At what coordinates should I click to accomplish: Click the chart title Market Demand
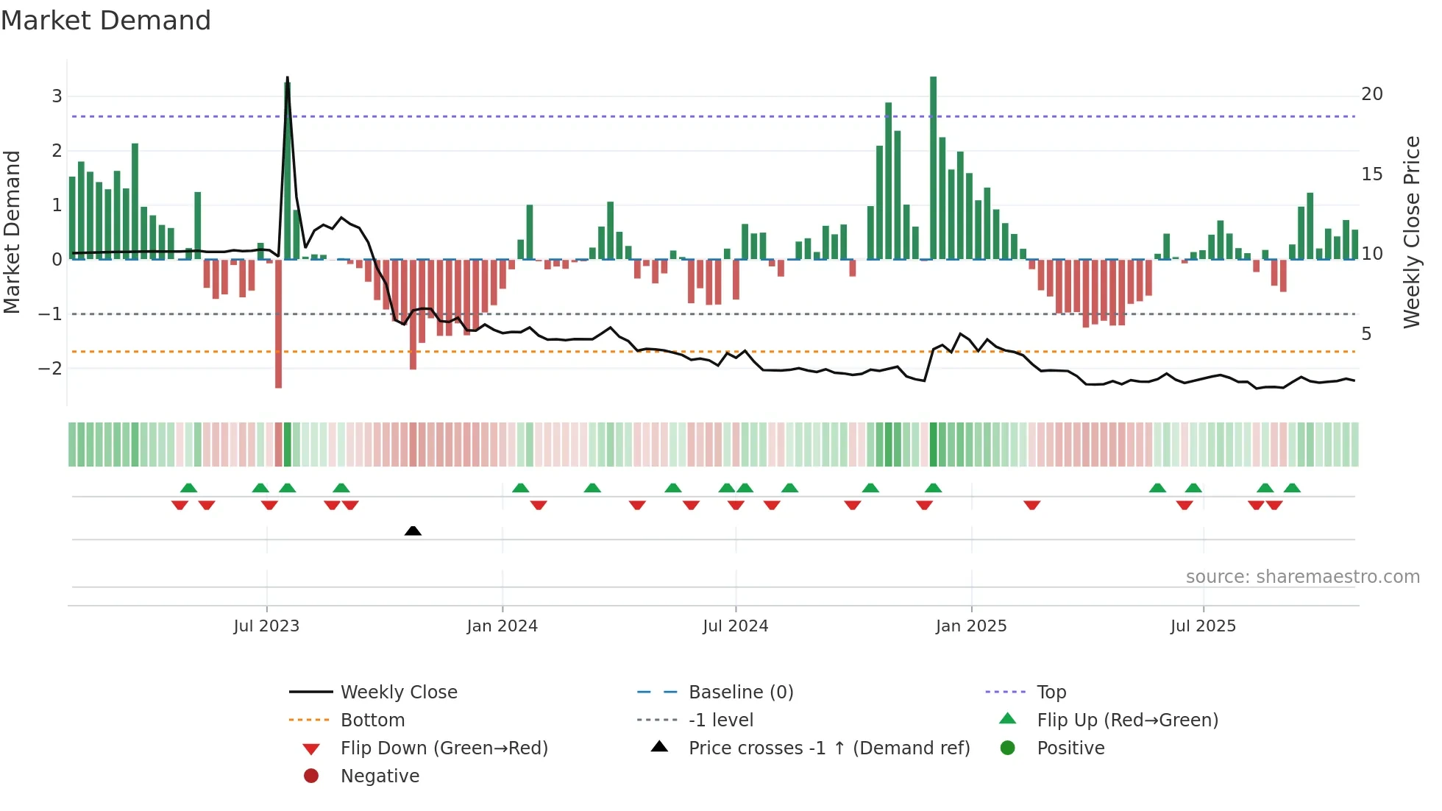point(106,21)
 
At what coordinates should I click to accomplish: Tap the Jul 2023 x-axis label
point(266,626)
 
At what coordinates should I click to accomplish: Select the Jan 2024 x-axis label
point(502,626)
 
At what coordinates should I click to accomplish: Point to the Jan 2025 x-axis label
point(970,626)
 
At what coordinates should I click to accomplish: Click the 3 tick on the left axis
point(57,96)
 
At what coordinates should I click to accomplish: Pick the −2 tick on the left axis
point(51,368)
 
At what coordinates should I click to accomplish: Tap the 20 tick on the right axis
point(1371,94)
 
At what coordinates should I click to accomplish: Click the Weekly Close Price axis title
point(1411,232)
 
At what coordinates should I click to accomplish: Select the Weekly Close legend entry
point(398,693)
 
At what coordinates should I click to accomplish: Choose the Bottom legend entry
point(372,720)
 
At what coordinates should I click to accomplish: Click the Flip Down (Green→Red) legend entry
point(444,748)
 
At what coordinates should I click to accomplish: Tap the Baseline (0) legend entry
point(740,693)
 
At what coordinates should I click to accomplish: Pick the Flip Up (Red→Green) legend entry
point(1127,720)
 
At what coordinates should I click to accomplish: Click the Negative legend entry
point(380,776)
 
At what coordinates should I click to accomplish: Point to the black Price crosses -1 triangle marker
point(413,531)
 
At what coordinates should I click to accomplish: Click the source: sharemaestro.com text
point(1302,577)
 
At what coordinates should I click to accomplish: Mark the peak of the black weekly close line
point(287,77)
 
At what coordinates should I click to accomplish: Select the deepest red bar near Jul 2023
point(278,324)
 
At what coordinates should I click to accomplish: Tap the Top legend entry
point(1051,693)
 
